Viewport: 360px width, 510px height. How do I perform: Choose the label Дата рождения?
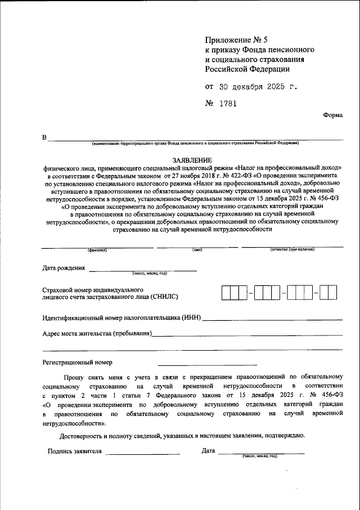click(x=64, y=267)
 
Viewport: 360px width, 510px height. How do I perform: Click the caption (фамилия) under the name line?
click(x=97, y=249)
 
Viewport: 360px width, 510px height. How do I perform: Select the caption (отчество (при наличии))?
click(x=292, y=249)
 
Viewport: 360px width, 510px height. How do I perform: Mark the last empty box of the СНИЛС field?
click(x=332, y=293)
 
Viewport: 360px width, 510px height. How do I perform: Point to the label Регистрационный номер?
click(x=77, y=362)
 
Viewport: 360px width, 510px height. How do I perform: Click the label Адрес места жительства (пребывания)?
click(x=97, y=334)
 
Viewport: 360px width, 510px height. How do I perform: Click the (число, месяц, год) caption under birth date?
click(x=150, y=274)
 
